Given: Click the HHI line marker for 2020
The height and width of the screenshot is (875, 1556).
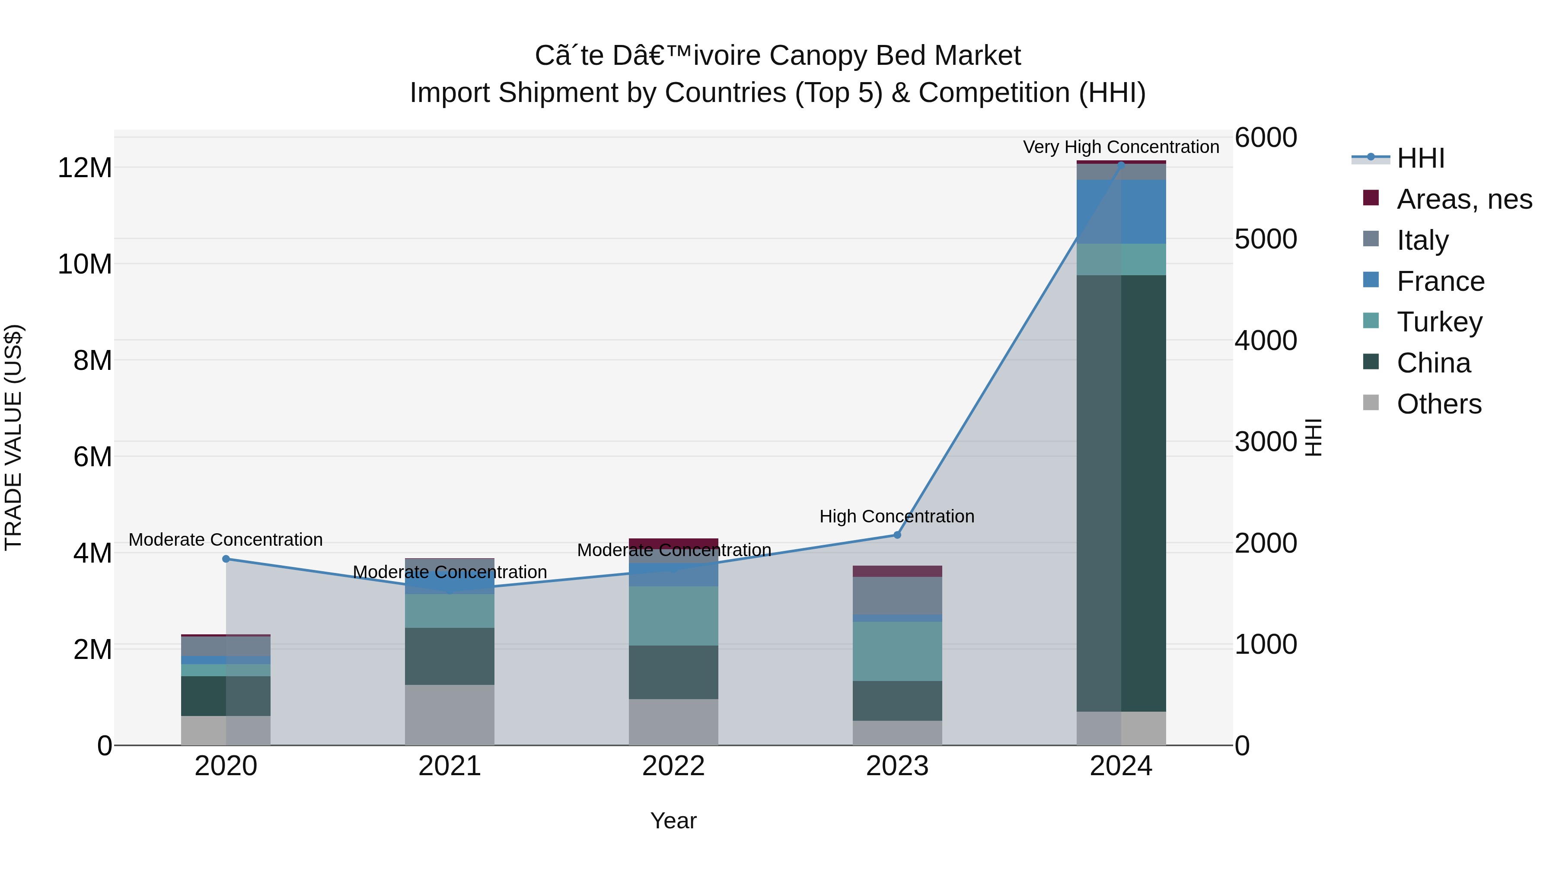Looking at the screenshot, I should (x=226, y=559).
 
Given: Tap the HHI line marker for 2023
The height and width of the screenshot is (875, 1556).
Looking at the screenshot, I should (x=897, y=535).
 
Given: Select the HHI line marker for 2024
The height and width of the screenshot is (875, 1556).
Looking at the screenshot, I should (x=1121, y=164).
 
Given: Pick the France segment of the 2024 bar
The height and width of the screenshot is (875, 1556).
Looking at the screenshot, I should (x=1121, y=211).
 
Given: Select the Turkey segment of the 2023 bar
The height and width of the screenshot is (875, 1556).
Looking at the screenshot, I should (x=897, y=651).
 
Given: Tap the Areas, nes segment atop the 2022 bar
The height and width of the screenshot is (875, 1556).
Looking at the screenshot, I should (x=673, y=542).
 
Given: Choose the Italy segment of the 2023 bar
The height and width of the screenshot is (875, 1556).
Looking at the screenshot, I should (x=897, y=595).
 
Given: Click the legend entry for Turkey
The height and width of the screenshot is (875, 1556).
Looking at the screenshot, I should (x=1439, y=322).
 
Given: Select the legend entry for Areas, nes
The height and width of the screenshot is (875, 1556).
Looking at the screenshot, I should (x=1464, y=199).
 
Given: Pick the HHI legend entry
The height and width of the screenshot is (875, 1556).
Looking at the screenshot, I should (x=1420, y=158).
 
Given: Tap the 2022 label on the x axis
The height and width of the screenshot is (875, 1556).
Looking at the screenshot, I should (x=673, y=766).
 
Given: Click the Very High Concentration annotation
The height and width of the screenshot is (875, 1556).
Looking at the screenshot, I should (x=1121, y=147).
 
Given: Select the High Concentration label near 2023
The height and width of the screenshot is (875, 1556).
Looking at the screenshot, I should (x=897, y=516).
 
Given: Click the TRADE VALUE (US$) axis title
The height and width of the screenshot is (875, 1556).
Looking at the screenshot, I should (x=13, y=437).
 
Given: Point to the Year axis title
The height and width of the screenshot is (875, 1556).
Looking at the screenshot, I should (x=673, y=821).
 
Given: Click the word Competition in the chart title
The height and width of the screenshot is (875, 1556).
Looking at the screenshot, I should (x=994, y=93).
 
